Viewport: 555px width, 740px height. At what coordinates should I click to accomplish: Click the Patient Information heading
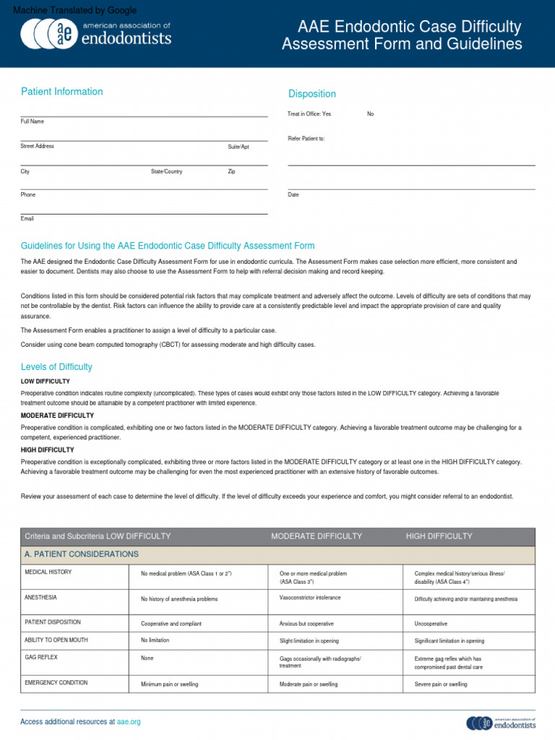[61, 92]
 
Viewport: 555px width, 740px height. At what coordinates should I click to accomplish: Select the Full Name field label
[33, 121]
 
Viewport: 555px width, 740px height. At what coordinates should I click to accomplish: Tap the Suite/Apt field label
[238, 147]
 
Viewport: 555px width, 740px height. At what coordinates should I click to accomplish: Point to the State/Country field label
[166, 172]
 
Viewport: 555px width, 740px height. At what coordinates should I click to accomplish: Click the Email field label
[27, 218]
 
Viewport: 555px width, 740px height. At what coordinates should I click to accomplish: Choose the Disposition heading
[312, 94]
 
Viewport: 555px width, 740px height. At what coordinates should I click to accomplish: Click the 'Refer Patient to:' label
[306, 138]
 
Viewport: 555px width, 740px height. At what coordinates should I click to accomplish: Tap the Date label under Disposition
[293, 195]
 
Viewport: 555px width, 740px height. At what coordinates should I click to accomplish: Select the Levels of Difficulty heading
[56, 367]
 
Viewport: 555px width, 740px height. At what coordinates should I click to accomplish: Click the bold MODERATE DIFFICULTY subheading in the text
[57, 416]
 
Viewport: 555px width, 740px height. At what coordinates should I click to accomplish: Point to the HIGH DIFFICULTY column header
[439, 536]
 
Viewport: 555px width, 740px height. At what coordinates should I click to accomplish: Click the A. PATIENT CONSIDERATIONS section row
[82, 554]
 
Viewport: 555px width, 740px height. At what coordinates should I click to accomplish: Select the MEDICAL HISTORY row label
[48, 572]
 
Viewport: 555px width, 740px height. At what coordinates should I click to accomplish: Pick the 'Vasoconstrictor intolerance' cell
[310, 598]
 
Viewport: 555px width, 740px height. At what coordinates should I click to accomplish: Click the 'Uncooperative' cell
[431, 623]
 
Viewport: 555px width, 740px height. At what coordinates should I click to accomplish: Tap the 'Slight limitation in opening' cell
[309, 641]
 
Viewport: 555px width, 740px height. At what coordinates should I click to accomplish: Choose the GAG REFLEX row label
[41, 658]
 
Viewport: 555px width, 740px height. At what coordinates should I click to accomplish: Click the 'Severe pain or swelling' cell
[440, 684]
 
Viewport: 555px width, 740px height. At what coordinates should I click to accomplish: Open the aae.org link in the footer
[129, 722]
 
